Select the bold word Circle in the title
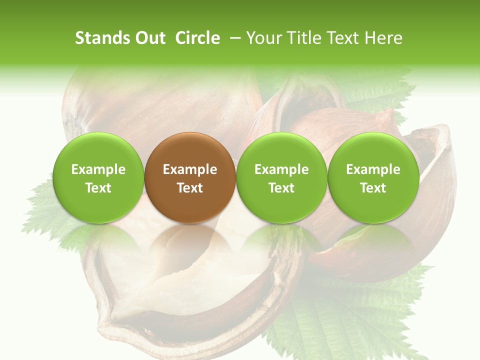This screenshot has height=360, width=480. coord(197,38)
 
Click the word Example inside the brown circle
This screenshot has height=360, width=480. coord(190,170)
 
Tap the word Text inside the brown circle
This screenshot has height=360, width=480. coord(190,188)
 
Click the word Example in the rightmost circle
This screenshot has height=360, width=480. coord(373,170)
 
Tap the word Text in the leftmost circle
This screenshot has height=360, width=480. coord(98,188)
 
